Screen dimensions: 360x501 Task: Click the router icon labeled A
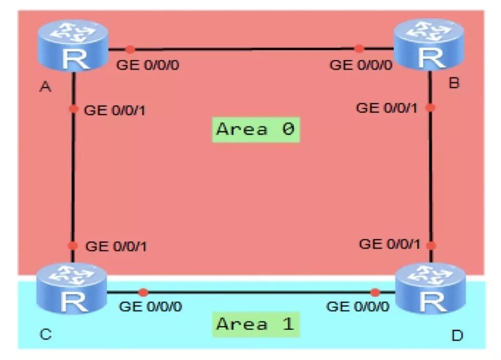pyautogui.click(x=73, y=46)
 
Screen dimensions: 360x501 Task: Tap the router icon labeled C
pyautogui.click(x=72, y=289)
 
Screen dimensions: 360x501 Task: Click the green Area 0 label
pyautogui.click(x=255, y=129)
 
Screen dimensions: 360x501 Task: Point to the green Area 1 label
pyautogui.click(x=255, y=324)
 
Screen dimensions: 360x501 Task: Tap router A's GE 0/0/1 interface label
pyautogui.click(x=115, y=110)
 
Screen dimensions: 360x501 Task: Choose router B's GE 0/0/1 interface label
pyautogui.click(x=388, y=108)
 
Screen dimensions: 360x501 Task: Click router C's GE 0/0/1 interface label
pyautogui.click(x=116, y=246)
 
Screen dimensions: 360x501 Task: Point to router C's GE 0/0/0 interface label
pyautogui.click(x=151, y=307)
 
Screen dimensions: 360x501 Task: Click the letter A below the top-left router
pyautogui.click(x=45, y=87)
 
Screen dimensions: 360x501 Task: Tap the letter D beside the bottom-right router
pyautogui.click(x=457, y=335)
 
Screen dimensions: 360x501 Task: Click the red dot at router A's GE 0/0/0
pyautogui.click(x=130, y=49)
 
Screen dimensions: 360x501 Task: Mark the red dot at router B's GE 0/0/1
pyautogui.click(x=430, y=108)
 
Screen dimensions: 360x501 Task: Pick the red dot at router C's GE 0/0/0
pyautogui.click(x=143, y=292)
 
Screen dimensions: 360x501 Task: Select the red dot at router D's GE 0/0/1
pyautogui.click(x=431, y=244)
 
